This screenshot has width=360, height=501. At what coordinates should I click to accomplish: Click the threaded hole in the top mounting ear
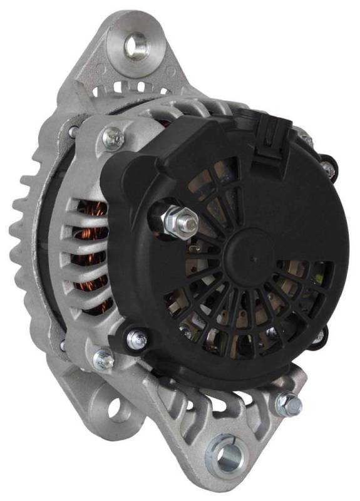click(135, 45)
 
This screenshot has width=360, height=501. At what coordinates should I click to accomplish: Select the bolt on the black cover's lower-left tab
click(136, 339)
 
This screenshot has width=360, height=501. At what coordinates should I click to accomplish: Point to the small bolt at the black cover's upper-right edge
click(327, 167)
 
